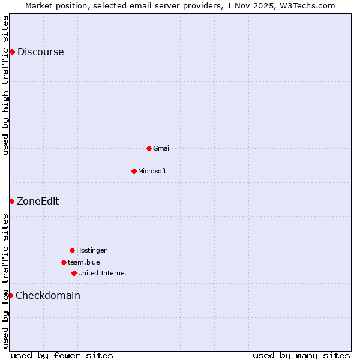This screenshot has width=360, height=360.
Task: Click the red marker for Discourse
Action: coord(12,52)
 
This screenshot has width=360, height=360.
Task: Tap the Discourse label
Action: coord(40,52)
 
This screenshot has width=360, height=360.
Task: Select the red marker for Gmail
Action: coord(149,148)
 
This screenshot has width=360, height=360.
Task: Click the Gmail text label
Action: coord(162,148)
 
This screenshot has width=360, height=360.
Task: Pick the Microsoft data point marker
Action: coord(134,171)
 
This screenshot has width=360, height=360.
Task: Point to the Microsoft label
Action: coord(152,171)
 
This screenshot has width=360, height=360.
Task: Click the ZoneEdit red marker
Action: coord(11,201)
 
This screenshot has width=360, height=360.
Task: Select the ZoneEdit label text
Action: coord(38,201)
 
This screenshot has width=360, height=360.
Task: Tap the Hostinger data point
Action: coord(72,250)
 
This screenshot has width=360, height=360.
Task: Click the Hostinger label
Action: coord(91,250)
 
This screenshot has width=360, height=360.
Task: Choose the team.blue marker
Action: coord(64,262)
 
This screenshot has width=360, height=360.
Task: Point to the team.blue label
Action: coord(84,262)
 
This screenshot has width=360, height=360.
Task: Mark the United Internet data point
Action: coord(74,273)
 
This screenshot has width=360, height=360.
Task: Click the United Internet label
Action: coord(103,273)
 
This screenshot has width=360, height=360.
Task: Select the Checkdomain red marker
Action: coord(10,295)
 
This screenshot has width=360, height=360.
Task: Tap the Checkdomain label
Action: coord(48,295)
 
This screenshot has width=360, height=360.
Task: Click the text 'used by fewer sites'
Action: coord(62,355)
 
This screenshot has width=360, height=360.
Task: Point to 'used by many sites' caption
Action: coord(301,355)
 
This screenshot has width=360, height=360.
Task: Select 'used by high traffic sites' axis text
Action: coord(5,85)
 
